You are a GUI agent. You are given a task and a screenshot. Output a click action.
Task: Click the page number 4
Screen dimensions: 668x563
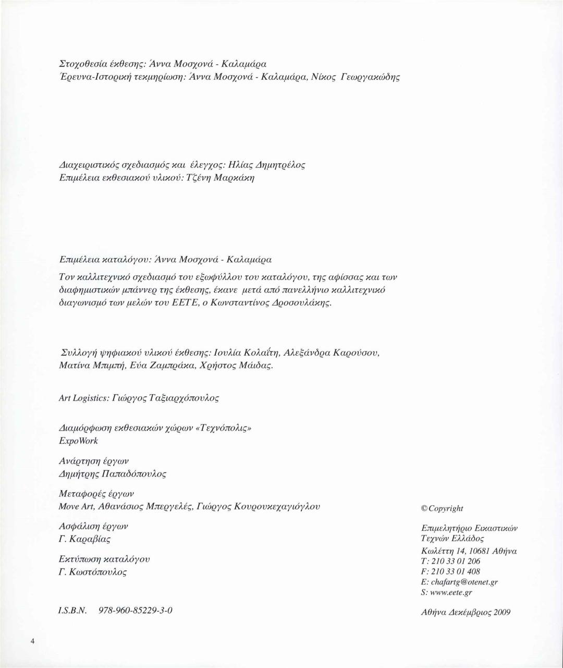pos(32,641)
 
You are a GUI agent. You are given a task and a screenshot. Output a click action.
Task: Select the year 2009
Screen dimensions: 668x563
pos(501,613)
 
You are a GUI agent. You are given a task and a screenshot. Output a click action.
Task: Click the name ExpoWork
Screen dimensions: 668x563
pos(79,441)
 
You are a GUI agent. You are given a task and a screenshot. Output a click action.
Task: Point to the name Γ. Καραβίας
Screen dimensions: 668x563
pos(85,539)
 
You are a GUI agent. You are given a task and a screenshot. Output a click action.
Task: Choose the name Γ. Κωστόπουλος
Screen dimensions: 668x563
pos(93,572)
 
